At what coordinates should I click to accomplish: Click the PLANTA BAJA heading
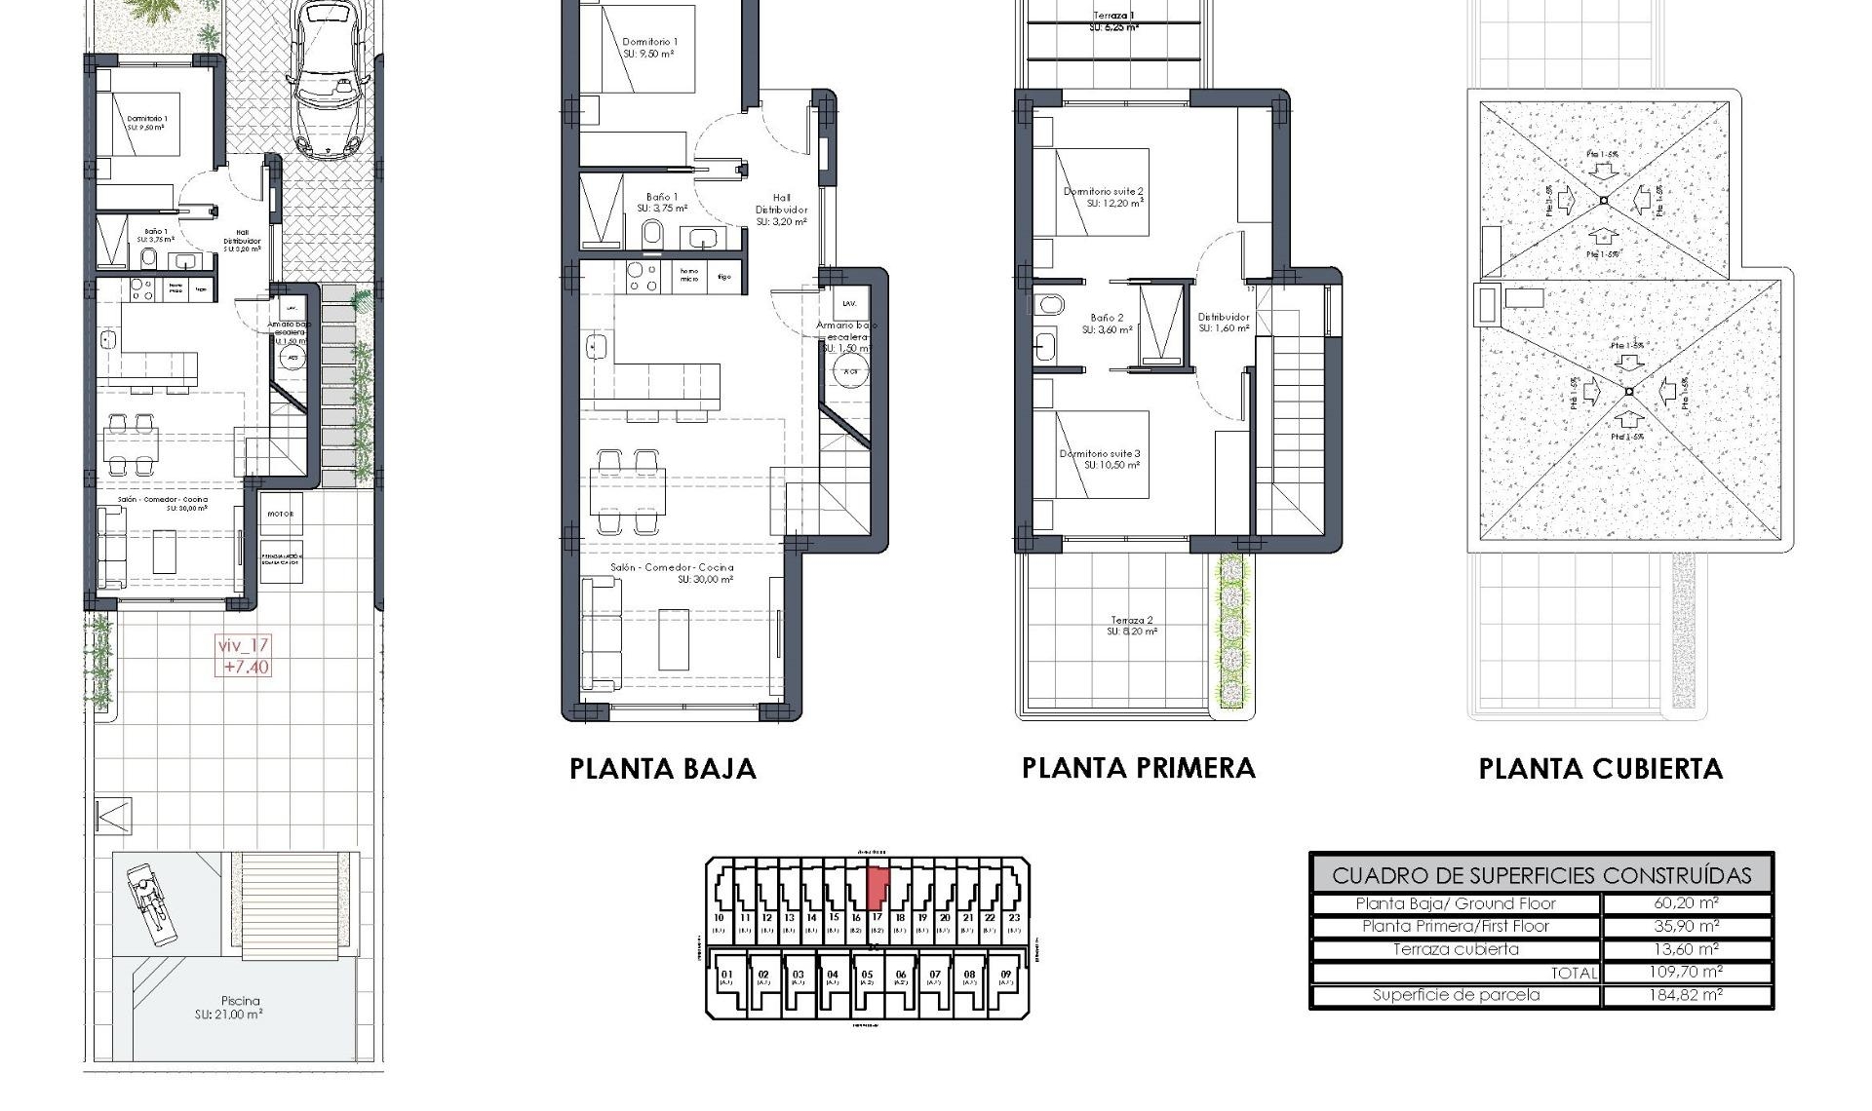(x=663, y=769)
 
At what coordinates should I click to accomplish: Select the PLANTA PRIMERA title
(x=1138, y=768)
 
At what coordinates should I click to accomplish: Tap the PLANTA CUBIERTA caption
(x=1600, y=769)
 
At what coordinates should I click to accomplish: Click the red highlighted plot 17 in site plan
(x=877, y=887)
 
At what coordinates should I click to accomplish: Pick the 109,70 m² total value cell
(x=1686, y=972)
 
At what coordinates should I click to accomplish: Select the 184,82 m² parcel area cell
(x=1686, y=995)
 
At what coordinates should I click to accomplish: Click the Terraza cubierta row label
(x=1455, y=949)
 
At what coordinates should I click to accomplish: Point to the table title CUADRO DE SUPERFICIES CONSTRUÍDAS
(x=1540, y=875)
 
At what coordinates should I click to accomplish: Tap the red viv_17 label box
(x=244, y=656)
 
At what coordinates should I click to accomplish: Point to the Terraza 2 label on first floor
(x=1131, y=626)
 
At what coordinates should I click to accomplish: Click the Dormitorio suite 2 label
(x=1103, y=197)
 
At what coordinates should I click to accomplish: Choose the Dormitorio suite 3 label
(x=1100, y=459)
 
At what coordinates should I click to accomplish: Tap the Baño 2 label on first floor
(x=1107, y=324)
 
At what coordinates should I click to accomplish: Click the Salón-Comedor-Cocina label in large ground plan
(x=672, y=572)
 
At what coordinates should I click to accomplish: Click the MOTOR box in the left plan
(x=281, y=514)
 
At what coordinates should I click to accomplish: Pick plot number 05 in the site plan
(x=868, y=977)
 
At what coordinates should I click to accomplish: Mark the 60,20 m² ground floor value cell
(x=1686, y=903)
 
